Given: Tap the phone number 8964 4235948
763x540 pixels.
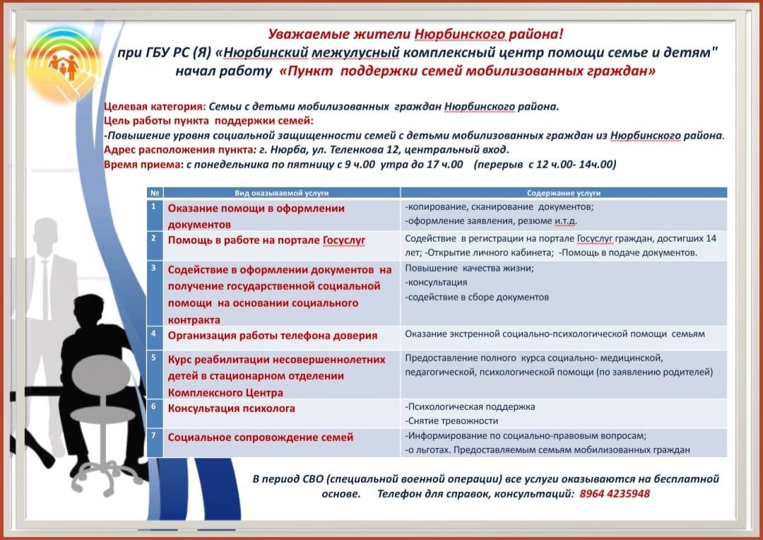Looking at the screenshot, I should pos(614,493).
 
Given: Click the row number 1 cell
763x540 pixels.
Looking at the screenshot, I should pos(153,207).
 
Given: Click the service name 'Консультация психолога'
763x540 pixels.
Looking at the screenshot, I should pos(231,409).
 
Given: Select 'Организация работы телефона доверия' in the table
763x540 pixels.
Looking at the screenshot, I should pos(272,336).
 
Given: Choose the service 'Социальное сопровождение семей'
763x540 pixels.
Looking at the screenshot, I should pos(260,438).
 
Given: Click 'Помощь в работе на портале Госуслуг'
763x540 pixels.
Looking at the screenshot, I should pos(266,240).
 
